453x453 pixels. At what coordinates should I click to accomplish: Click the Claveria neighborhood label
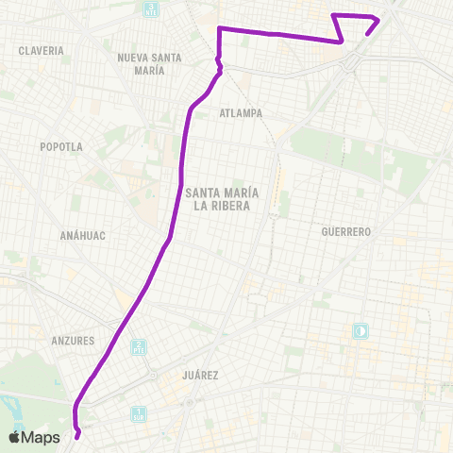point(41,50)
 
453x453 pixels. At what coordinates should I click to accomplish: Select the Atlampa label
point(240,112)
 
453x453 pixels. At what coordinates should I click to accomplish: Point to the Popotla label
point(61,146)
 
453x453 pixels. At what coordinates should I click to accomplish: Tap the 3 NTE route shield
point(149,11)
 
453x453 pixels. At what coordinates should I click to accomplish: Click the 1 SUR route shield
point(138,412)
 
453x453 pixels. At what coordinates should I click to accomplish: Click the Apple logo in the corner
point(15,437)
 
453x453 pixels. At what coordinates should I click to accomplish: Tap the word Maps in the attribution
point(42,437)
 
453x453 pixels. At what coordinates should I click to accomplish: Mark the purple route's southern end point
point(77,436)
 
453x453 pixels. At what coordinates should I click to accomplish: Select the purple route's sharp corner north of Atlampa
point(219,29)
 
